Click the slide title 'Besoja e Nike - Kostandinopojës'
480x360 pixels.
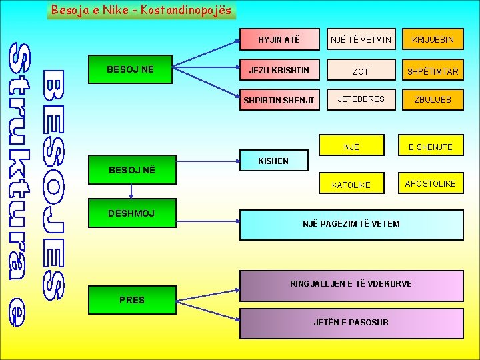click(x=141, y=10)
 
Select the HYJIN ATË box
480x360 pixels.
click(x=279, y=40)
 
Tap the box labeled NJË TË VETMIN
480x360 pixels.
click(x=361, y=40)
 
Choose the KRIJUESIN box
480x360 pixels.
click(x=433, y=40)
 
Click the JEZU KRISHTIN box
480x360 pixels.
click(x=279, y=70)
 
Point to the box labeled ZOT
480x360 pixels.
click(x=361, y=71)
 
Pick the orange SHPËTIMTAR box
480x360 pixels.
click(x=433, y=71)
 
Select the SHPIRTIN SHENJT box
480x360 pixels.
click(x=279, y=100)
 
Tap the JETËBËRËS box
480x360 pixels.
click(x=361, y=99)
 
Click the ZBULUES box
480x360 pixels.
click(x=433, y=99)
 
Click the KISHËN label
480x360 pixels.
click(x=273, y=161)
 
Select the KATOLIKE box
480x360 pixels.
click(x=351, y=185)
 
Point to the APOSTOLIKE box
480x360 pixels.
click(x=431, y=183)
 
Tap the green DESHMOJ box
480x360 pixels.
click(x=131, y=213)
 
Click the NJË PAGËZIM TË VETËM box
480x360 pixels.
click(x=351, y=225)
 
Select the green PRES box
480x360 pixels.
click(x=131, y=300)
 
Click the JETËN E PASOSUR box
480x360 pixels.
click(x=351, y=323)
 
